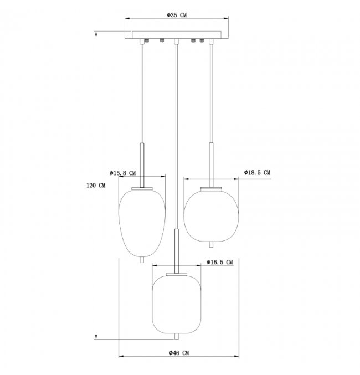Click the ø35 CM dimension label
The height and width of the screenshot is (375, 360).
click(x=177, y=15)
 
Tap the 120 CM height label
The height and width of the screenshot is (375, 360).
click(x=96, y=186)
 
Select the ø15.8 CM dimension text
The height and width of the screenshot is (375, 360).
click(x=122, y=173)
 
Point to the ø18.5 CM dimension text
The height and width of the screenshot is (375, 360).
click(x=257, y=172)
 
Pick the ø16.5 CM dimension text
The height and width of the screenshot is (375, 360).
click(x=219, y=262)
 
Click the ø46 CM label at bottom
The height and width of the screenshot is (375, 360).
click(x=179, y=353)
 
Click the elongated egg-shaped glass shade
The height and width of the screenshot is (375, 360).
click(x=142, y=223)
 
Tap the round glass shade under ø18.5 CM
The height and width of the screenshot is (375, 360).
click(x=211, y=215)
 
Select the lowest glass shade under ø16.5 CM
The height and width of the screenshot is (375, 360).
click(x=177, y=304)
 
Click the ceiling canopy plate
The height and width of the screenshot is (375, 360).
click(x=177, y=35)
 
